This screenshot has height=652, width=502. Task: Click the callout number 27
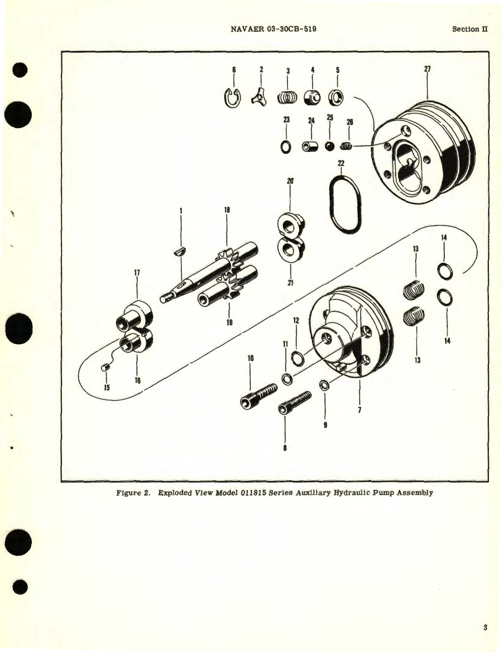427,69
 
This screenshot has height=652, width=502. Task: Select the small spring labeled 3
288,98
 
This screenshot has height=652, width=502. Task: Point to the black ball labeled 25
330,146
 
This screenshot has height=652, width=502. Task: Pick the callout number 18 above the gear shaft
227,210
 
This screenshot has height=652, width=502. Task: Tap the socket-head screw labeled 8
295,402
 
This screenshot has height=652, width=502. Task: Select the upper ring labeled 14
444,271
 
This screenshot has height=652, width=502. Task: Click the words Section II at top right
470,29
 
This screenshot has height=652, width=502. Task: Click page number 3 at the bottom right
485,628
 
